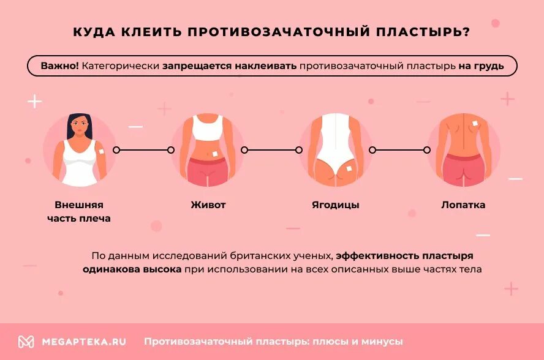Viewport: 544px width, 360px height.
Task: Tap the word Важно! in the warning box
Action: [x=59, y=66]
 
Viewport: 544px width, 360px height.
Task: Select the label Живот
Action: [x=208, y=205]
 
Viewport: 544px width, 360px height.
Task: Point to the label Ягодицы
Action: [x=336, y=205]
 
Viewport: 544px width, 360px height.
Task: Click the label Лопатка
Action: [x=463, y=205]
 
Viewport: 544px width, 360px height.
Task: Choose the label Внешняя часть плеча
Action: [x=79, y=211]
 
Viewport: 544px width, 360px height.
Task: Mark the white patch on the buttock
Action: [x=349, y=167]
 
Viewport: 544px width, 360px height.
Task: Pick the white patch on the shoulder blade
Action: [x=476, y=125]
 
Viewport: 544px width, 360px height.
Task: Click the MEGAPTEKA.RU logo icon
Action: [x=26, y=342]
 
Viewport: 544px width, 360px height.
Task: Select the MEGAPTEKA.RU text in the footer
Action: [x=83, y=342]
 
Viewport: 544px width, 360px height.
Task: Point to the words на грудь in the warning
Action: [x=481, y=66]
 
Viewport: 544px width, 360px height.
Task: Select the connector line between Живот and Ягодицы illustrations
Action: [x=271, y=150]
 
